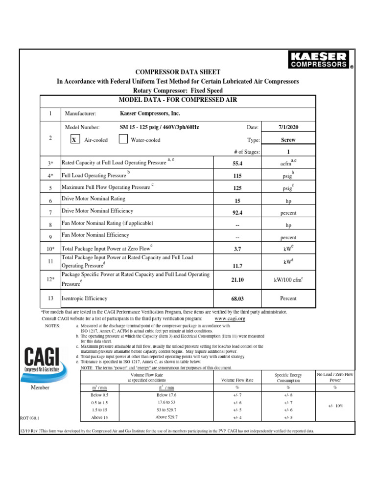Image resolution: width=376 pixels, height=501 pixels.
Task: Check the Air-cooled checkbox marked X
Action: [74, 140]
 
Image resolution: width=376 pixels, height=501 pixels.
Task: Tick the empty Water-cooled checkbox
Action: [123, 139]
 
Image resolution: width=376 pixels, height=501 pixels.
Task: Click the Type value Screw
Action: [288, 139]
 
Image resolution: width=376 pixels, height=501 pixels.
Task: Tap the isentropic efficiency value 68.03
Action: [237, 298]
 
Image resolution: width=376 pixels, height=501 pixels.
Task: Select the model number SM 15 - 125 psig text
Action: [160, 127]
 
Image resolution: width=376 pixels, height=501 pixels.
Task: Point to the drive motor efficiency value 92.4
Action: [237, 213]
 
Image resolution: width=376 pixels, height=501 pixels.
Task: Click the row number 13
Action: [50, 297]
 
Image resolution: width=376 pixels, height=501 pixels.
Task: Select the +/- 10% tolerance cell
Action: [336, 406]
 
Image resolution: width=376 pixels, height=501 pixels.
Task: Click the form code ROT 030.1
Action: [30, 418]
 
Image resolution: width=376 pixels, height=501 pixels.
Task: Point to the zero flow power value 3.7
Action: [237, 249]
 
